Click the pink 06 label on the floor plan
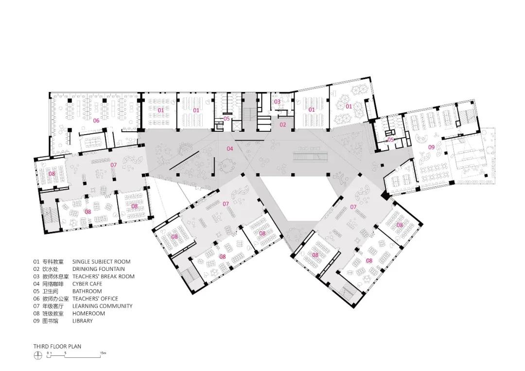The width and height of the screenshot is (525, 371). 96,120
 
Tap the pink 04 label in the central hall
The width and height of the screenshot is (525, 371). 230,148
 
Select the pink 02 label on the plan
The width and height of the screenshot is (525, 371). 282,124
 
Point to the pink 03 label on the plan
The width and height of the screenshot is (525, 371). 277,102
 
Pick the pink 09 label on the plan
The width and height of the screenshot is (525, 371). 431,147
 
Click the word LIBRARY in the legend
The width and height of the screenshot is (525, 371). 82,321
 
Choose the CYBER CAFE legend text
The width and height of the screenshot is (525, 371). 87,284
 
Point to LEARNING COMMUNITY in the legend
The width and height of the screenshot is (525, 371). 102,306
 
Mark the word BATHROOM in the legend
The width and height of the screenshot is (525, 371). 87,291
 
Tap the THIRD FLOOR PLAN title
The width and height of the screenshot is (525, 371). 57,347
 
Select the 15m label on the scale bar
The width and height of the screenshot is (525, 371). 103,353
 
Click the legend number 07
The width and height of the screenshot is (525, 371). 36,306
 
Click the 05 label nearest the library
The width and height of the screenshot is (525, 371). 391,140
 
